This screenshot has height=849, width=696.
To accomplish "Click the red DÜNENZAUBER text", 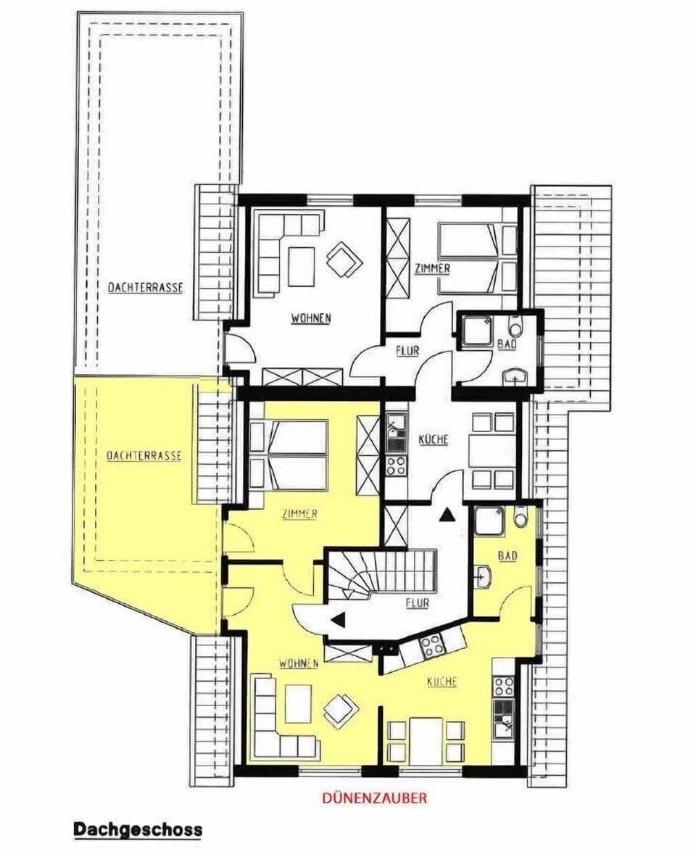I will coord(374,798).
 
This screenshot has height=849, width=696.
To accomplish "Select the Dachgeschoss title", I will coord(138,829).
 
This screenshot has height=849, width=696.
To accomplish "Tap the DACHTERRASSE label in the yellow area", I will coord(144,456).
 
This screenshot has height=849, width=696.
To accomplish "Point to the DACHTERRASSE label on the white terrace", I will coord(145,287).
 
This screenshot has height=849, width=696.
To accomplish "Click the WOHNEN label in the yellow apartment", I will coord(299,663).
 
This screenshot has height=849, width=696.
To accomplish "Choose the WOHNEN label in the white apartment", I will coord(311,318).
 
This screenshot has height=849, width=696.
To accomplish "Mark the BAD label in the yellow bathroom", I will coord(507,556).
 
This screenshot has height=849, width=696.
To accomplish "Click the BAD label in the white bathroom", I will coord(507,344).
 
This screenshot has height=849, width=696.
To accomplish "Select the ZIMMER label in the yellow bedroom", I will coord(300,514).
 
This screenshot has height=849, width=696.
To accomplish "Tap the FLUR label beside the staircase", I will coord(418,602).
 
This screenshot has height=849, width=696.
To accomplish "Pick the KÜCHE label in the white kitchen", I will coord(433,439).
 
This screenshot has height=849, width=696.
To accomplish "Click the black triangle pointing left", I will coord(338,619).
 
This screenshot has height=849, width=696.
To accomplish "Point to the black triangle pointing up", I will coord(447,515).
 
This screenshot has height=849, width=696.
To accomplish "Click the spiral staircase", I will coord(381,572).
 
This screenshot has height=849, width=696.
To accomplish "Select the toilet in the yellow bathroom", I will coord(521,518).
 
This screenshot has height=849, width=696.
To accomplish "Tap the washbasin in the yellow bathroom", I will coord(484,577).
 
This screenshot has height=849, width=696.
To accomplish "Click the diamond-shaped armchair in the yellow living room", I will coord(341,711).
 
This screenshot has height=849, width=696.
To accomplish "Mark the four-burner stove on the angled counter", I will coord(433,645).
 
